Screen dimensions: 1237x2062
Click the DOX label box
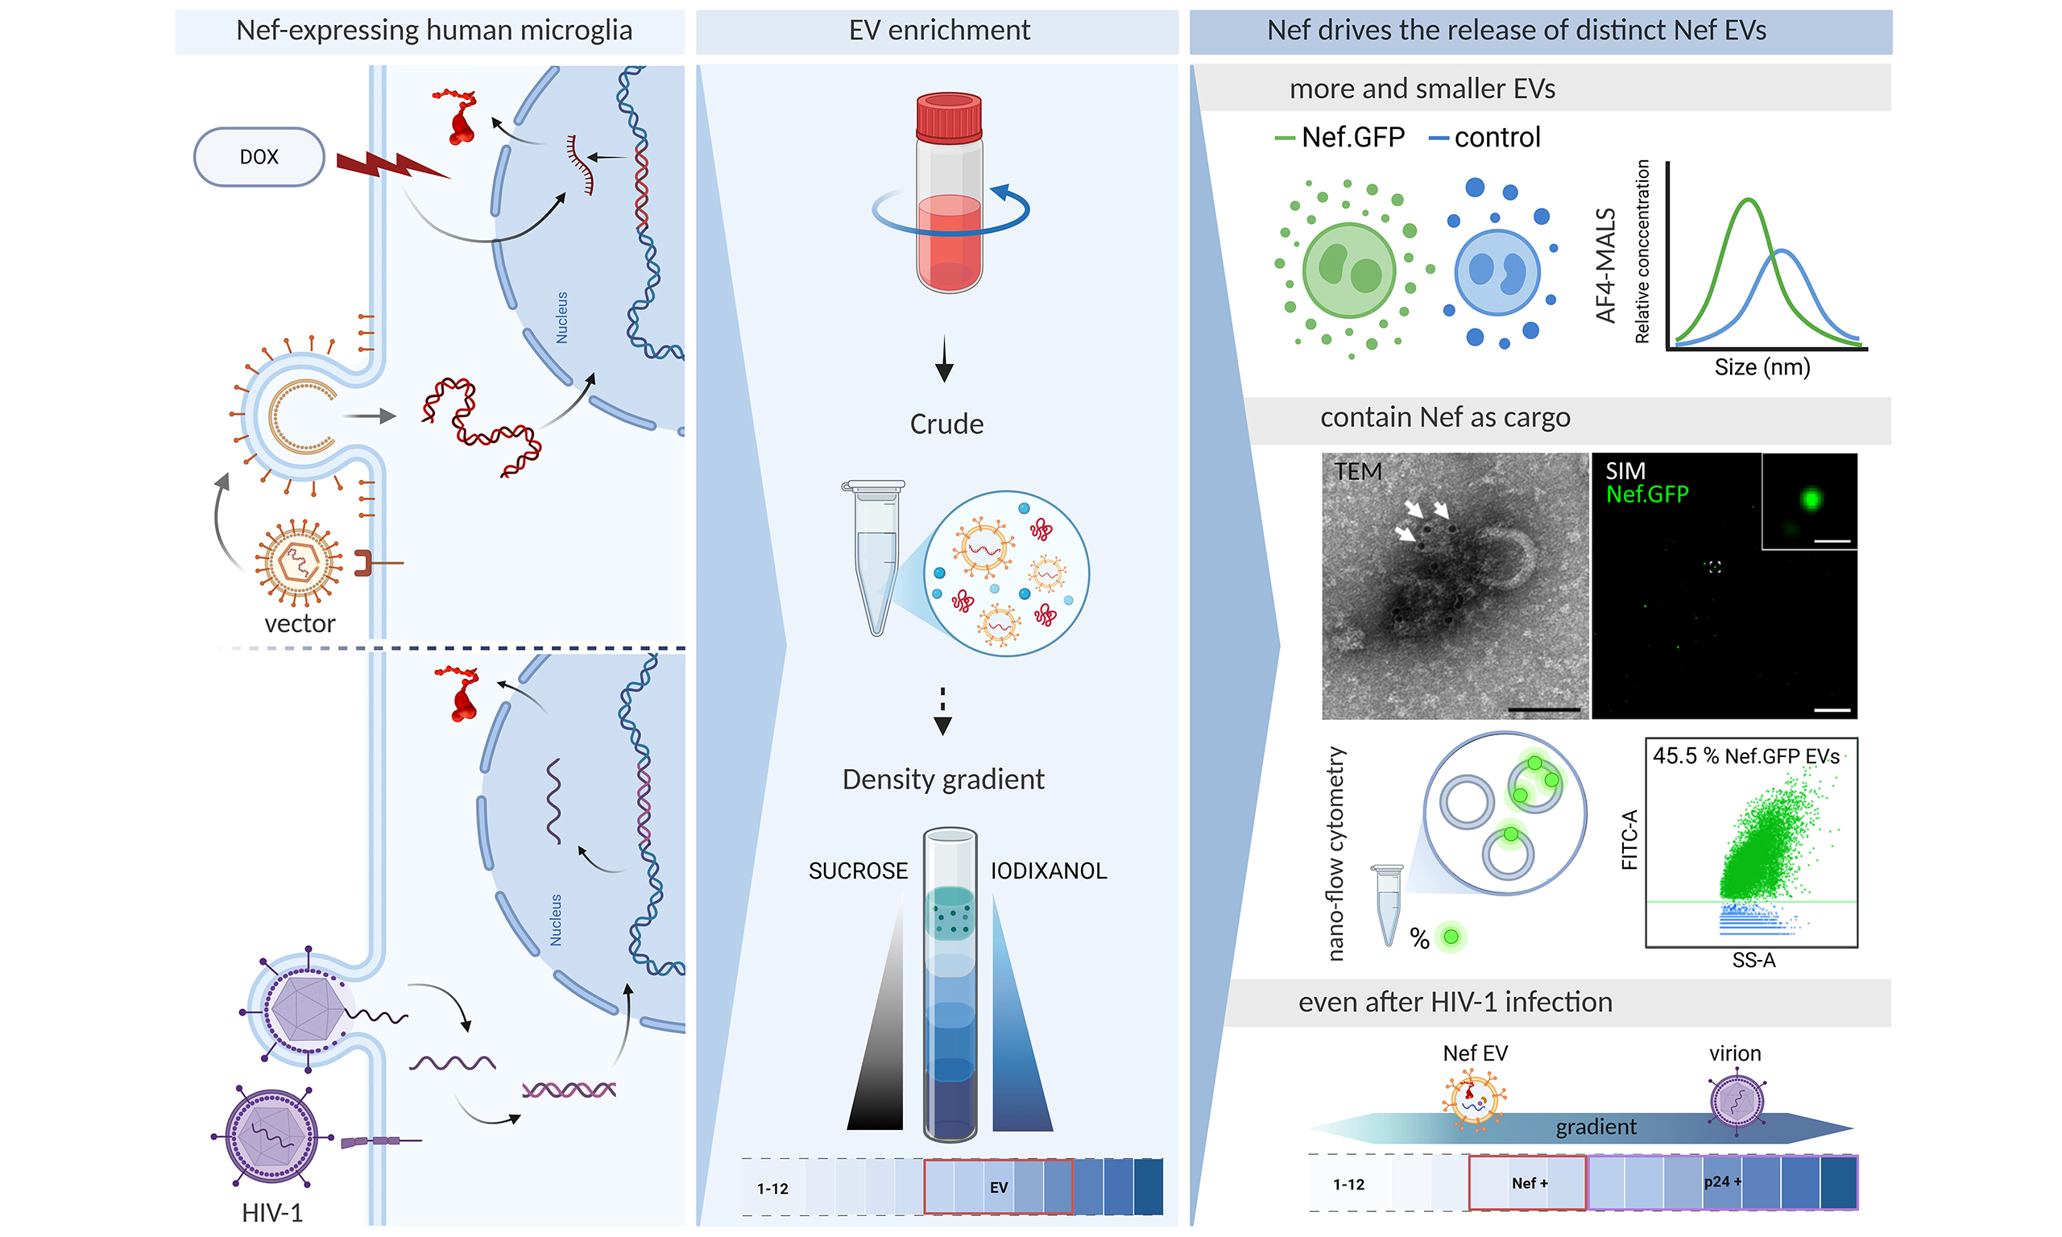(x=259, y=157)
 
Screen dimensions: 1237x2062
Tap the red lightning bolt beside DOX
(x=388, y=166)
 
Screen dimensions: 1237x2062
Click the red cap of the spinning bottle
(x=949, y=116)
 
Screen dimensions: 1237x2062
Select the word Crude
(x=946, y=424)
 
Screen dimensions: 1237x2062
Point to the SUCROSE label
(x=858, y=871)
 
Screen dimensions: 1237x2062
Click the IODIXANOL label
(x=1048, y=871)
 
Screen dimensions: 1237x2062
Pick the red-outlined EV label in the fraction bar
(x=999, y=1187)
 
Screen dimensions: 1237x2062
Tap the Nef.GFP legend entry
(x=1352, y=137)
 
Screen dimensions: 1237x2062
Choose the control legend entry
(x=1496, y=137)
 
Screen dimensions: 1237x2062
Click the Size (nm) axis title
(x=1762, y=366)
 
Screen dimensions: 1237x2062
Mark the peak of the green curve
(x=1749, y=200)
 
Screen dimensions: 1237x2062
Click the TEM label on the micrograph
(x=1358, y=472)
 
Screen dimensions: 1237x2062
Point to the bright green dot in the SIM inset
(x=1811, y=499)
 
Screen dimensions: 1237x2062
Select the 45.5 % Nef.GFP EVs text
(x=1745, y=756)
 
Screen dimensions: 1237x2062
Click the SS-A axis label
(x=1754, y=960)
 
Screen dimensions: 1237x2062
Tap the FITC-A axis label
(x=1629, y=839)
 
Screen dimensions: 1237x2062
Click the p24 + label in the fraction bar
(x=1722, y=1181)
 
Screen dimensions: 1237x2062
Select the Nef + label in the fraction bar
(x=1530, y=1183)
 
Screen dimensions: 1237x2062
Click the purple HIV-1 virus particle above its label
(x=271, y=1136)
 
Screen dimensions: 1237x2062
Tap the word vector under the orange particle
(x=299, y=623)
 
